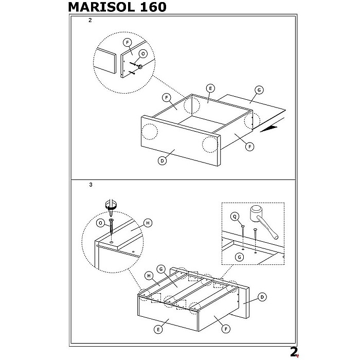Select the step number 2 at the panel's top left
[x=90, y=21]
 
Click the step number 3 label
[x=90, y=186]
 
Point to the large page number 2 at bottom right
[x=294, y=351]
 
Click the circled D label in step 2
[x=161, y=161]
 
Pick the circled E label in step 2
[x=210, y=88]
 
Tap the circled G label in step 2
[x=259, y=90]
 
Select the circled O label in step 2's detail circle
[x=143, y=53]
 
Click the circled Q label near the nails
[x=235, y=217]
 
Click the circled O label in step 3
[x=101, y=223]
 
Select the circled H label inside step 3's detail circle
[x=148, y=223]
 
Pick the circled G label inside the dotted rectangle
[x=239, y=256]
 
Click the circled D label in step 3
[x=262, y=297]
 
